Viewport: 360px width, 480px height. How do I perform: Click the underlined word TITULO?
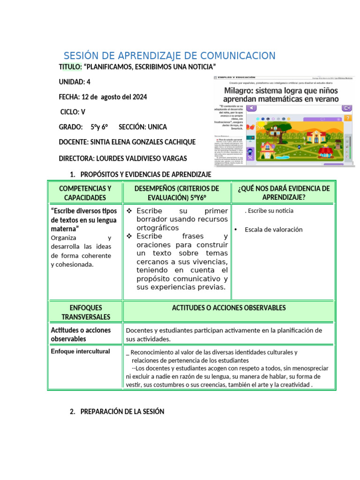coord(70,67)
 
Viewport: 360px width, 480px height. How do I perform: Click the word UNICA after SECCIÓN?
coord(157,127)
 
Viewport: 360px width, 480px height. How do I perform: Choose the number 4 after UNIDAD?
coord(89,82)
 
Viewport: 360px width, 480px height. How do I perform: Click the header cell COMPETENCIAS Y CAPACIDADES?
coord(85,193)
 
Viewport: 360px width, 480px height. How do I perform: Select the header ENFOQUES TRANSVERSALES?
coord(85,312)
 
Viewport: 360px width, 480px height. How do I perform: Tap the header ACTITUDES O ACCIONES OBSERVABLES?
coord(229,308)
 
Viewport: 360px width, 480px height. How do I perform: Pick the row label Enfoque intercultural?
coord(80,351)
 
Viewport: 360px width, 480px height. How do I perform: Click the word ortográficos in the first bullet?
coord(157,228)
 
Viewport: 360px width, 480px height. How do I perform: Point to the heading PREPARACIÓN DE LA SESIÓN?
coord(122,412)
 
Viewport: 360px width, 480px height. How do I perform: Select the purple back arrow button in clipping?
coord(252,108)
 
